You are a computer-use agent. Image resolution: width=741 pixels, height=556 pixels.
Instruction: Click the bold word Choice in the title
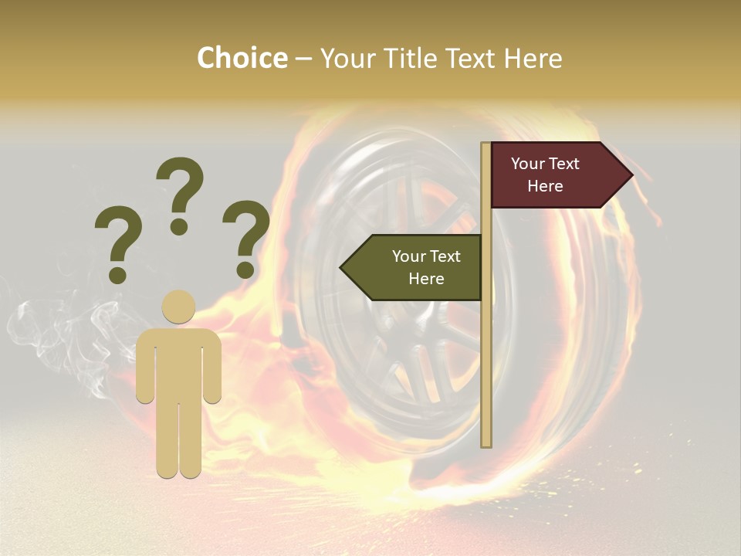click(242, 58)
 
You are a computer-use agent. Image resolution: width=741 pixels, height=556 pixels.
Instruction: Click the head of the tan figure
click(178, 307)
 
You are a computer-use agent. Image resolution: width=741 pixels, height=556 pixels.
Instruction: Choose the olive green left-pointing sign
click(417, 268)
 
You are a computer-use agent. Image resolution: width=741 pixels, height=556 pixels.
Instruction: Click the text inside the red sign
click(545, 175)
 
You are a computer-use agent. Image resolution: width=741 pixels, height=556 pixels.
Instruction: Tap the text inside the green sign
click(426, 267)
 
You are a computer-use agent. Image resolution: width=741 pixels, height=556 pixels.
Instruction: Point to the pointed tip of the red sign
click(631, 175)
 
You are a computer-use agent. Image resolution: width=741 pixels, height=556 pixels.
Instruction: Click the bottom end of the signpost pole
click(486, 443)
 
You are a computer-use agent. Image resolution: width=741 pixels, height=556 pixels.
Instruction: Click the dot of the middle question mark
click(179, 226)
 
